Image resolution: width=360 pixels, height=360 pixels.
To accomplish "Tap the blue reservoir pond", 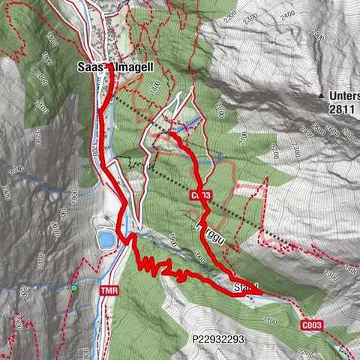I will pyautogui.click(x=106, y=239).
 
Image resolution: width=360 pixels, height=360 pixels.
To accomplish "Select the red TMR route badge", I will pyautogui.click(x=110, y=289).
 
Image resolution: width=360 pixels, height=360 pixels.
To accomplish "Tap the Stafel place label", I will pyautogui.click(x=246, y=286).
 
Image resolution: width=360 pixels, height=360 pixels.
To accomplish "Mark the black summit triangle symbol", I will pyautogui.click(x=322, y=96).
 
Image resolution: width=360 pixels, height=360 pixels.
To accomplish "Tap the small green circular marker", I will pyautogui.click(x=73, y=287).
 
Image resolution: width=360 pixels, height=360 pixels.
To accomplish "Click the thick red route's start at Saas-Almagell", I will pyautogui.click(x=108, y=67).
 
